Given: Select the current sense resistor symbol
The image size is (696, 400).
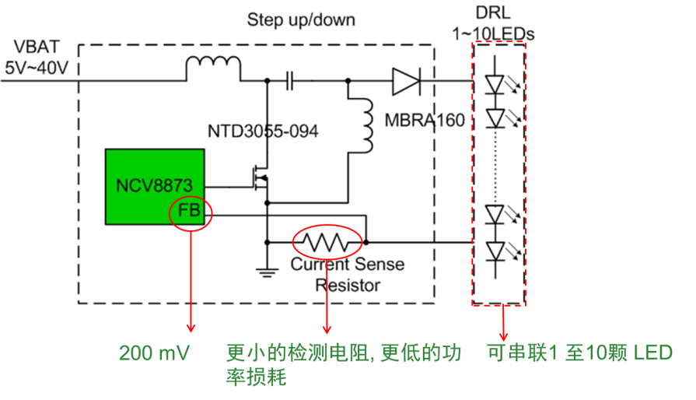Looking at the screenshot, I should (327, 242).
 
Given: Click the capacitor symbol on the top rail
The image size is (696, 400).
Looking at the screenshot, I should (290, 79).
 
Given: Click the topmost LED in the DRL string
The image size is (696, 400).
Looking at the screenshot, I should (495, 82).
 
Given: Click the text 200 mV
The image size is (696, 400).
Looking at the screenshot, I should (154, 354).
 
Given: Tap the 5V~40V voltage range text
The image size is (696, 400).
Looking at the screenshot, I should (37, 68).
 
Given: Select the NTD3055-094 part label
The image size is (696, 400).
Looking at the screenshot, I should (263, 131).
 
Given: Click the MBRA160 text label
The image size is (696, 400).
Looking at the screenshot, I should (425, 120).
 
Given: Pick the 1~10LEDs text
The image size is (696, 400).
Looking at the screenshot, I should (494, 33).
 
